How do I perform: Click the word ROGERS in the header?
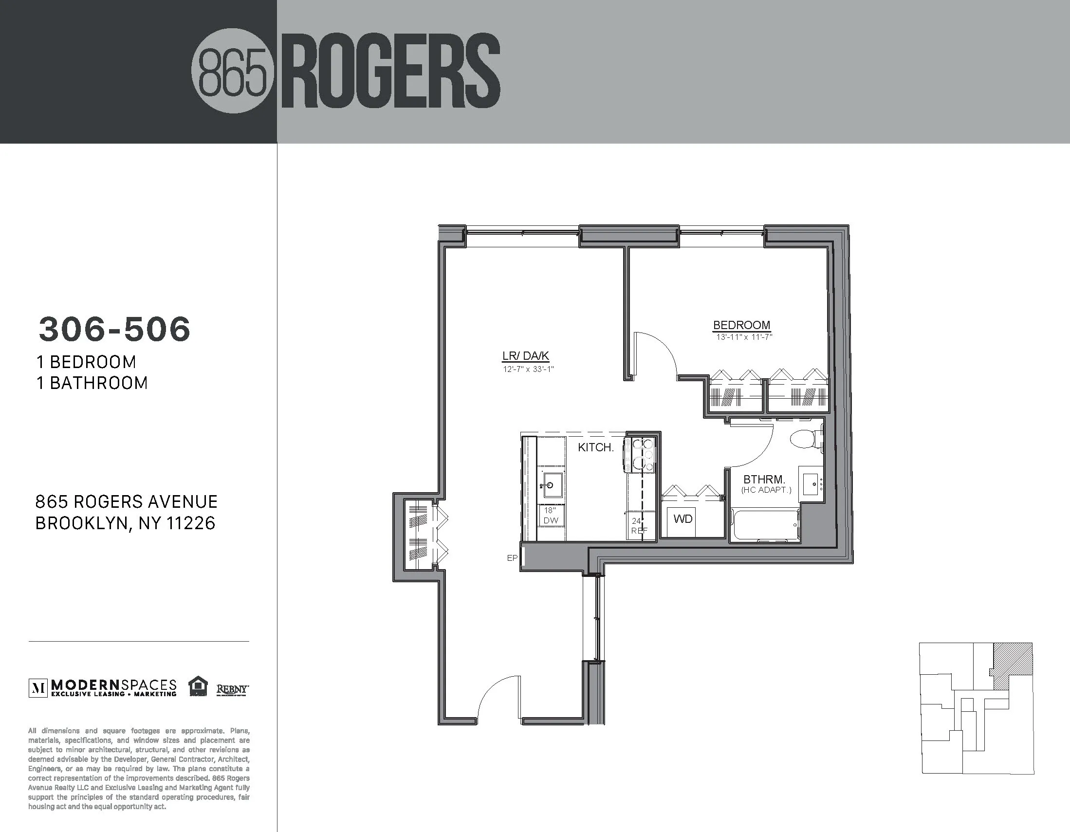(391, 73)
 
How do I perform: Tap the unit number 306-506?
(114, 329)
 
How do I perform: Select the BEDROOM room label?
(741, 325)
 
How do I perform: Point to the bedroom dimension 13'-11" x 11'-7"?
(744, 337)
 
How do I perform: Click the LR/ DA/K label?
(526, 356)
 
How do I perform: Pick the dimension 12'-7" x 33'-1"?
(528, 369)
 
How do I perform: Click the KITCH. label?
(595, 447)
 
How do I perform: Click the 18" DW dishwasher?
(551, 516)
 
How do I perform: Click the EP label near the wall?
(512, 557)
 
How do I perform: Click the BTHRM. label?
(764, 480)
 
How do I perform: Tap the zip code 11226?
(190, 523)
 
